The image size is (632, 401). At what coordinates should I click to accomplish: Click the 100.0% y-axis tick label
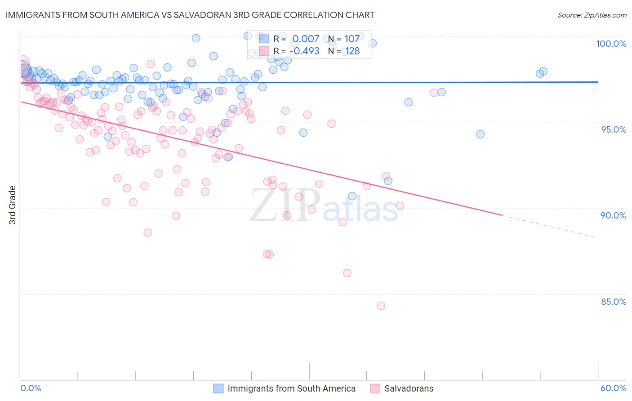click(x=611, y=44)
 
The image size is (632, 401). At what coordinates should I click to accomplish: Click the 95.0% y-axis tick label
click(x=614, y=129)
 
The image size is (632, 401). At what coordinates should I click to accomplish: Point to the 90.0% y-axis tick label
click(x=614, y=215)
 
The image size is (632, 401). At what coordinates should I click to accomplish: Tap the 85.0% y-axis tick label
click(x=614, y=302)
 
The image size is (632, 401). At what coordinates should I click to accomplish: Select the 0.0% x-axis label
click(x=31, y=388)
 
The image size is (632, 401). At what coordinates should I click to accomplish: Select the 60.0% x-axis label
click(x=613, y=388)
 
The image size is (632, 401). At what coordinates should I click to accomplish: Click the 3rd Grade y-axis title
click(x=13, y=205)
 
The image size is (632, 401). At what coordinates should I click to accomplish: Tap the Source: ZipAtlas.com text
click(x=592, y=15)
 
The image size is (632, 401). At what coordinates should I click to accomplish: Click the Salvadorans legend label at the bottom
click(x=409, y=388)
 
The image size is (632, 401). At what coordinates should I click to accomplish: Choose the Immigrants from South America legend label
click(x=291, y=388)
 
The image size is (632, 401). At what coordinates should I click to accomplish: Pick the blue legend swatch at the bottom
click(x=218, y=388)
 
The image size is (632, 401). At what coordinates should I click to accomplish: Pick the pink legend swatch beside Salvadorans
click(x=375, y=388)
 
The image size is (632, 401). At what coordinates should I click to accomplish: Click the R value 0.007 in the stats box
click(x=306, y=39)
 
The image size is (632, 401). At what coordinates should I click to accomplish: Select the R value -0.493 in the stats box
click(x=304, y=51)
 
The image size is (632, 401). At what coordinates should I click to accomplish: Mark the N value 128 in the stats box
click(x=352, y=51)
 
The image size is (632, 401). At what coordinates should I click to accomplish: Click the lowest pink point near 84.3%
click(x=381, y=306)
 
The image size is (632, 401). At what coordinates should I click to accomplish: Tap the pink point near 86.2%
click(x=347, y=273)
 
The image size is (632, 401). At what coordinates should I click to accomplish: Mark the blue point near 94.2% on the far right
click(x=480, y=134)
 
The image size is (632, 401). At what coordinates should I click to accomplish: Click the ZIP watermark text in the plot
click(x=285, y=205)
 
